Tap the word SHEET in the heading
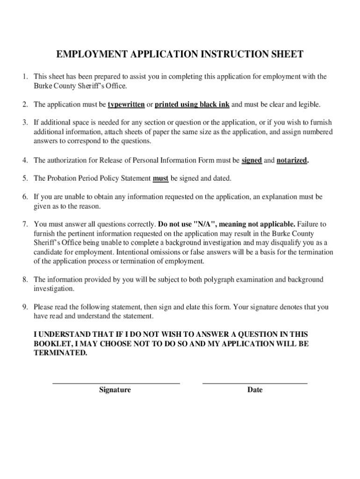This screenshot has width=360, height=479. [285, 55]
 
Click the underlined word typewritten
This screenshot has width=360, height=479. [126, 104]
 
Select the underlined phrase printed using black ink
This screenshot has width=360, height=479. [192, 104]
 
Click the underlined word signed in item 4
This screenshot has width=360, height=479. [252, 160]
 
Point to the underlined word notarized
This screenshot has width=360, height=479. [292, 160]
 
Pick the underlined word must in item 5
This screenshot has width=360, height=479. [161, 179]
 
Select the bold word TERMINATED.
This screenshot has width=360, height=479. [60, 353]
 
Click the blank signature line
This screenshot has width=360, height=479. [116, 383]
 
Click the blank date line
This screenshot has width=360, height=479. [255, 383]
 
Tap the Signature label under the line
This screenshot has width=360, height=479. [115, 390]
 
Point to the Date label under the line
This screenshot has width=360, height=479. [255, 390]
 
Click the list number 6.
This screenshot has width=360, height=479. [25, 197]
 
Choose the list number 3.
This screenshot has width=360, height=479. [25, 123]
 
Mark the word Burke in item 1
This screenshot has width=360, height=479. [43, 86]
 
